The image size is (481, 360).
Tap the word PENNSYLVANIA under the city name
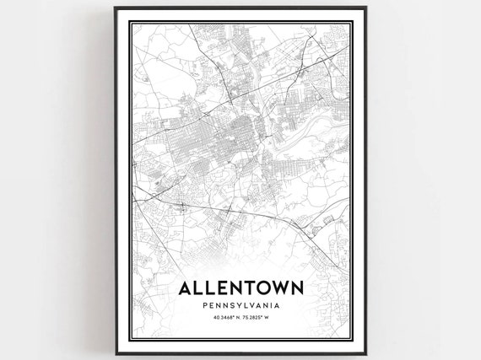(x=241, y=305)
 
